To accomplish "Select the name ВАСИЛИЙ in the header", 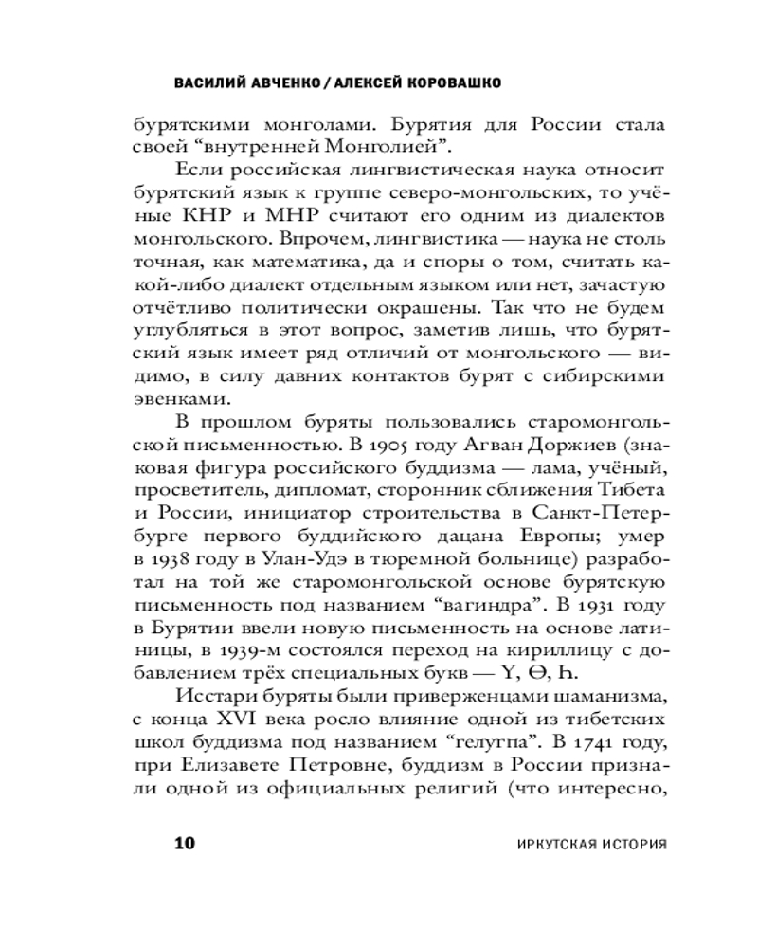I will [208, 82].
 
